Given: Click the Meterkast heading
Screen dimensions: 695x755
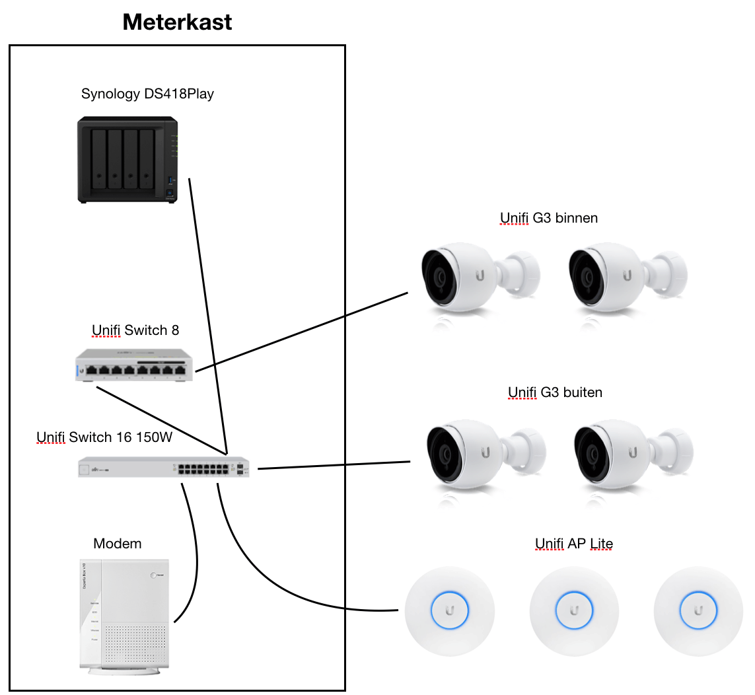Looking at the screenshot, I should pyautogui.click(x=177, y=23).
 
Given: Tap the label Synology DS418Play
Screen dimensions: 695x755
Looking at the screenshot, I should pyautogui.click(x=147, y=94).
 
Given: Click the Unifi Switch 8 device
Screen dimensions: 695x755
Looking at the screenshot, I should pyautogui.click(x=135, y=367).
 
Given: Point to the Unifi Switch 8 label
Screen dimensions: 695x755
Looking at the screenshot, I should pyautogui.click(x=135, y=330).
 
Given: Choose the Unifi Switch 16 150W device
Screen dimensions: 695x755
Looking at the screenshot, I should pyautogui.click(x=166, y=468).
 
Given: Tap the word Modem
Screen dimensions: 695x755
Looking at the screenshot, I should pyautogui.click(x=118, y=544).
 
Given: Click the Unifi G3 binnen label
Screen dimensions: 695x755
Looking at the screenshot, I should pyautogui.click(x=548, y=218).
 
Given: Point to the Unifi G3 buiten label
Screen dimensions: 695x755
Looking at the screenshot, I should pyautogui.click(x=555, y=392).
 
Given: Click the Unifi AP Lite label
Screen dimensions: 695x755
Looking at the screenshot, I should pyautogui.click(x=573, y=544).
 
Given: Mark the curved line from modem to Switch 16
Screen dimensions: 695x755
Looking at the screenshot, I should pyautogui.click(x=197, y=555).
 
